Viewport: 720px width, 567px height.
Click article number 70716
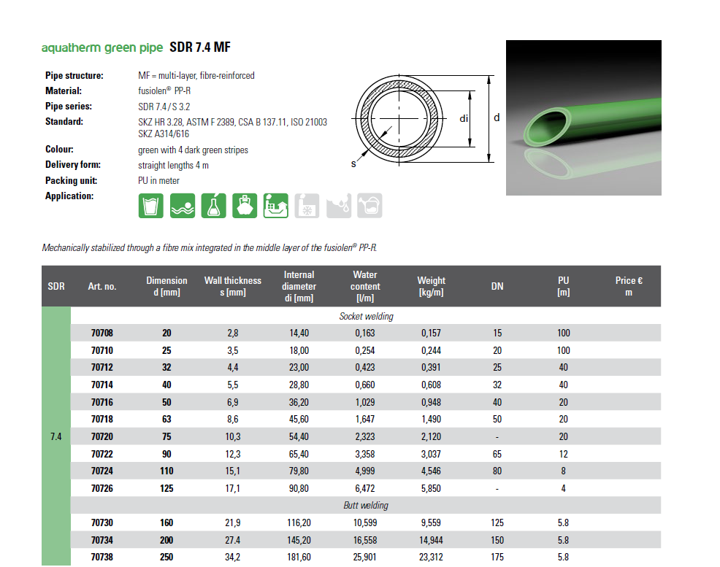102,402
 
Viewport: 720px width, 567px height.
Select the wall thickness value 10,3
233,436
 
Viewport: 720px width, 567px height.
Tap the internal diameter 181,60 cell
299,558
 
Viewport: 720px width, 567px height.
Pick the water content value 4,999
365,471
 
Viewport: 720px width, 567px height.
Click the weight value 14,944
431,541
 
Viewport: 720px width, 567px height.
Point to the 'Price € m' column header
629,286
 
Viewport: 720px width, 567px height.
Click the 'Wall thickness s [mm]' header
233,286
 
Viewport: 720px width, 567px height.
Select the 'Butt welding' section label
366,506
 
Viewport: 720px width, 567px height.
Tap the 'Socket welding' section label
366,316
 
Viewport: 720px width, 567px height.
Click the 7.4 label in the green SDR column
56,436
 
